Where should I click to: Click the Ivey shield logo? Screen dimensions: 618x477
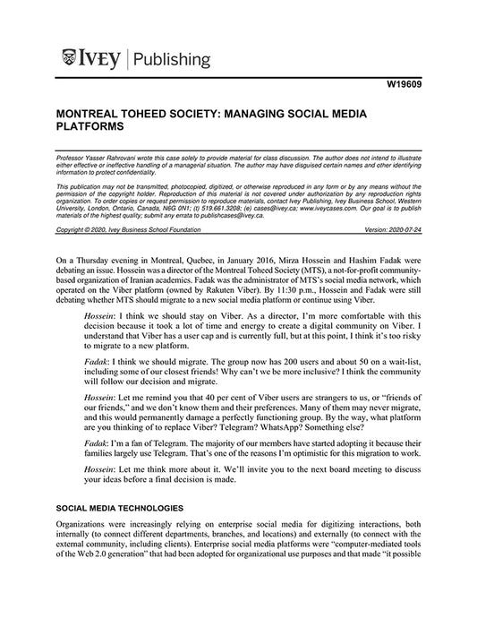click(71, 60)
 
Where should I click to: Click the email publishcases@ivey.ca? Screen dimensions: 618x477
click(219, 216)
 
